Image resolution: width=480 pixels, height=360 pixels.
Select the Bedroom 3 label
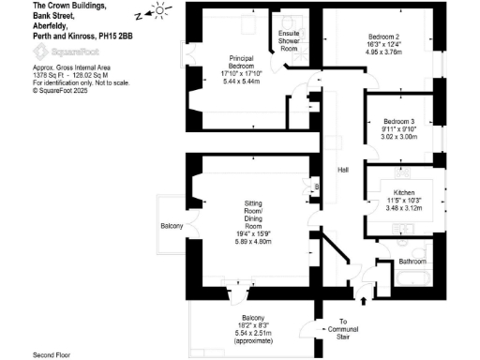397,123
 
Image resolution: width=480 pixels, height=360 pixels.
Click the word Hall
343,170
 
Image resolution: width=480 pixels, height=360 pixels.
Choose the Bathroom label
412,261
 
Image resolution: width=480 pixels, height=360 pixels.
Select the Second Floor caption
52,354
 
